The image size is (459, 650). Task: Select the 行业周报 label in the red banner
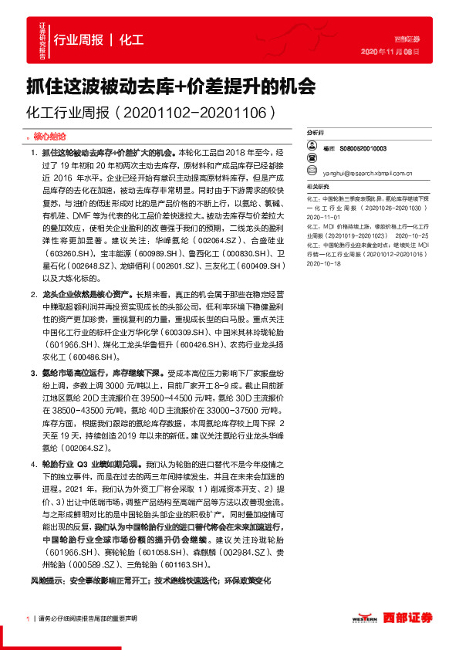[79, 40]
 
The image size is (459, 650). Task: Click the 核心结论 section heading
[53, 135]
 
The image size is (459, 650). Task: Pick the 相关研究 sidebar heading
[318, 187]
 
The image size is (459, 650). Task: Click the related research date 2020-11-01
[322, 218]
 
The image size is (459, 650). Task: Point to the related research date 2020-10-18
[322, 283]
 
